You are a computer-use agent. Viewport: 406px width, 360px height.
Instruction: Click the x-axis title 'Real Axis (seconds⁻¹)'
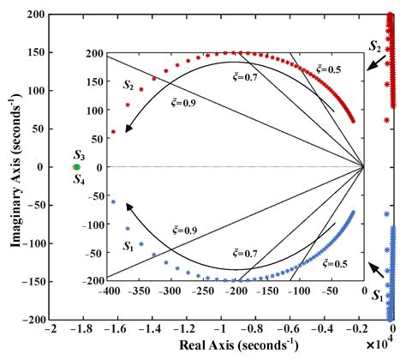pyautogui.click(x=224, y=347)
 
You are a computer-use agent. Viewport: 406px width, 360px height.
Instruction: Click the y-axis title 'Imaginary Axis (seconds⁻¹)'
pyautogui.click(x=17, y=165)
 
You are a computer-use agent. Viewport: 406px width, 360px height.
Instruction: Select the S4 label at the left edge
pyautogui.click(x=78, y=179)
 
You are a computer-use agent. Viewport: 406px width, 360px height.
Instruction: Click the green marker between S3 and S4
pyautogui.click(x=76, y=167)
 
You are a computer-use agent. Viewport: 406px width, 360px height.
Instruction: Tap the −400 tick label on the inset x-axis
pyautogui.click(x=108, y=291)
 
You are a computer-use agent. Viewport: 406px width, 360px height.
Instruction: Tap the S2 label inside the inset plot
pyautogui.click(x=128, y=84)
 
